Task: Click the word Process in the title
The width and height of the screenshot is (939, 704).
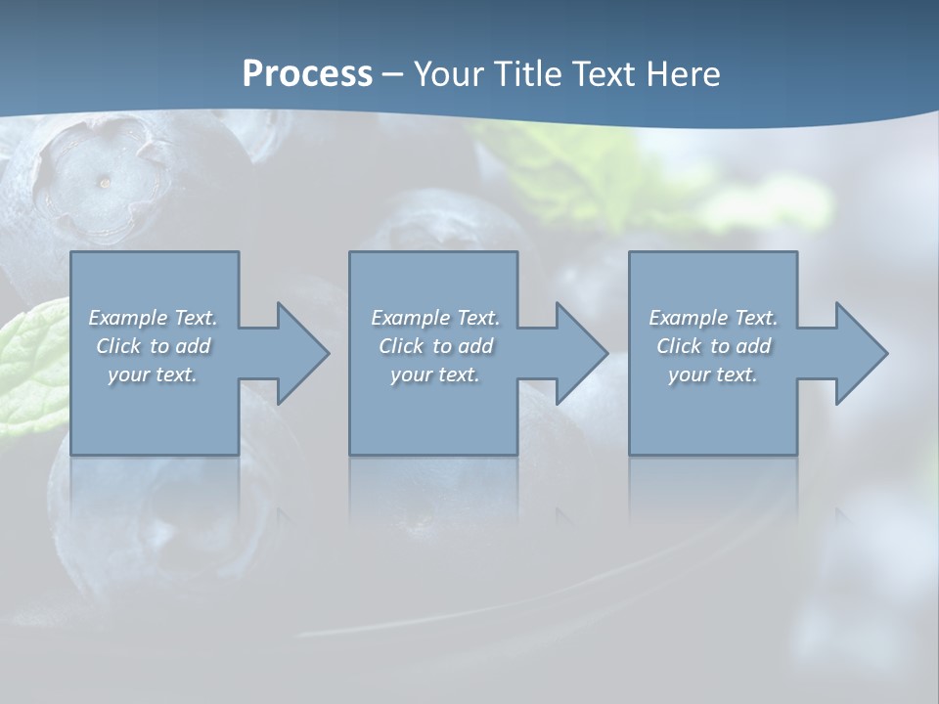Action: [x=307, y=73]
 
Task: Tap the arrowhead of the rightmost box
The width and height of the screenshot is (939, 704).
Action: [x=860, y=353]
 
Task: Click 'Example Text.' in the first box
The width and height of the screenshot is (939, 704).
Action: [x=153, y=318]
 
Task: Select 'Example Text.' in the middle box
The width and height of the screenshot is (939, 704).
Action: [x=435, y=318]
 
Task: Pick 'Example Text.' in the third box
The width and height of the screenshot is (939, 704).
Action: [x=713, y=318]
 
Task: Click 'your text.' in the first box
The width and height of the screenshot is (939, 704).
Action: [x=153, y=374]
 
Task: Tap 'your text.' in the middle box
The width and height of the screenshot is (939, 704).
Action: [x=435, y=374]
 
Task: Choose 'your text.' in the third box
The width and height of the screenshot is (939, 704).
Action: [x=713, y=374]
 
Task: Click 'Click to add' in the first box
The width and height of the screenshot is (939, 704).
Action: [x=153, y=346]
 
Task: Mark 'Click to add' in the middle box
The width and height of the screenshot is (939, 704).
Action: [x=435, y=346]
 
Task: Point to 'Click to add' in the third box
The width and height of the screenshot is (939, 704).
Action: [x=713, y=346]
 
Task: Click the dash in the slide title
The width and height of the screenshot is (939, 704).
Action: [x=393, y=74]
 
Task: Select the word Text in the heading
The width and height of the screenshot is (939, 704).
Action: [x=597, y=73]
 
